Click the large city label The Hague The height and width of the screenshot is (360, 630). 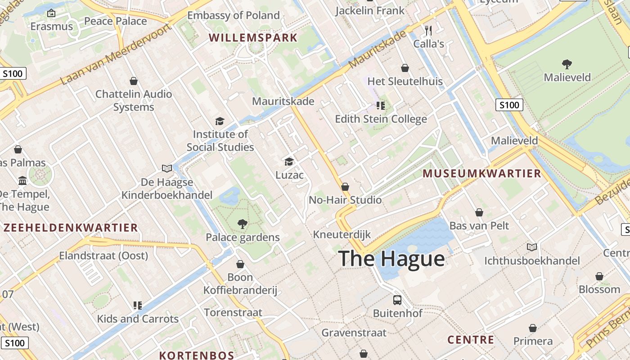391,259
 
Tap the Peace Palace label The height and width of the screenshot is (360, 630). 116,21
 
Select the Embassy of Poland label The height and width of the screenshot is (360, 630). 234,15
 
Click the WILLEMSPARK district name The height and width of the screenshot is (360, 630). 253,38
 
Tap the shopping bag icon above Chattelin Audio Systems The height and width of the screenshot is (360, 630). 133,81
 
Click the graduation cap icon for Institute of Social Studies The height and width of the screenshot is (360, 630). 220,121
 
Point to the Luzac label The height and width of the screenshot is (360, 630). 289,175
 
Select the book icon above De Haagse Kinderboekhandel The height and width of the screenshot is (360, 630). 167,168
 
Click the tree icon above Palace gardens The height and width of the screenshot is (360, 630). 243,224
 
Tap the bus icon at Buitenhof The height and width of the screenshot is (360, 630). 397,300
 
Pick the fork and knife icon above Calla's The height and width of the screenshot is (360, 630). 428,31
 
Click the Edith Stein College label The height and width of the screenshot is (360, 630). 381,119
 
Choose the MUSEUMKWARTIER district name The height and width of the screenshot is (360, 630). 481,174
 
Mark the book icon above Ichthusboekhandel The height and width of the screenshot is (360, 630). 532,247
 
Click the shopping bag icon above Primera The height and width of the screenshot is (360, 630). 533,328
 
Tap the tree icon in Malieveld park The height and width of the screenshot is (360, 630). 567,64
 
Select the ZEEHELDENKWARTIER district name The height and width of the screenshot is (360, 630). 71,228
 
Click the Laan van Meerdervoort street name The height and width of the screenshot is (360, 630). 116,55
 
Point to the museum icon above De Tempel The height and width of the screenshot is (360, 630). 22,181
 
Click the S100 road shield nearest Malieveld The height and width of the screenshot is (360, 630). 509,105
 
